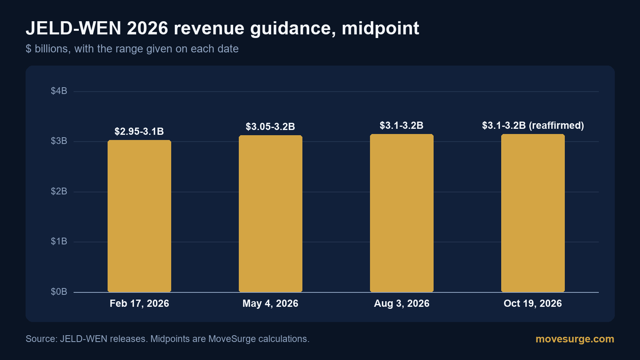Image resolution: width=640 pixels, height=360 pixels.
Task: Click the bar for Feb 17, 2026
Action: [140, 216]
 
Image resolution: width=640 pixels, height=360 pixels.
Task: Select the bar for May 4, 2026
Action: [270, 214]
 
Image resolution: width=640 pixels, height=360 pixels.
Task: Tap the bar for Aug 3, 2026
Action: [402, 213]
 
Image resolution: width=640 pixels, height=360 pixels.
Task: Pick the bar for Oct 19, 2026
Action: [533, 213]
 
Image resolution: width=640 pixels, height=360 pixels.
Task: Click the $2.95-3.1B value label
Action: [139, 132]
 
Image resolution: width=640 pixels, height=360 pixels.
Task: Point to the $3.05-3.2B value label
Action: [270, 126]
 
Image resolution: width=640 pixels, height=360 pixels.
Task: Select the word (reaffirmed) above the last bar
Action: [556, 126]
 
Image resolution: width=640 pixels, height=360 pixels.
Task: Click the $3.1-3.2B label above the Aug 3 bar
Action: [402, 126]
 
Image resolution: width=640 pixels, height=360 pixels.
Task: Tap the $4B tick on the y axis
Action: [59, 91]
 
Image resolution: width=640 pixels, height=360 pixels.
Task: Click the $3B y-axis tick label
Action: [59, 141]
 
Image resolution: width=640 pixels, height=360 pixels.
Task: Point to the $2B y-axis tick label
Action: [59, 192]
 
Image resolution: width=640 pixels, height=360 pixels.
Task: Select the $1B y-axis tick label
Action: [59, 242]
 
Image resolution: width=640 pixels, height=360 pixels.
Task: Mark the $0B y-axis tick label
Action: [59, 292]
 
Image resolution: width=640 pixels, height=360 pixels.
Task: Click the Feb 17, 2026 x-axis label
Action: [140, 304]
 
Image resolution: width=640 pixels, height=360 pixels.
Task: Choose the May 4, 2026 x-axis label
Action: [270, 304]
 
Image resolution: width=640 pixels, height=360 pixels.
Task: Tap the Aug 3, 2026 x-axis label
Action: [402, 304]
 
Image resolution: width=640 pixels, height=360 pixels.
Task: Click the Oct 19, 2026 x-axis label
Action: [533, 304]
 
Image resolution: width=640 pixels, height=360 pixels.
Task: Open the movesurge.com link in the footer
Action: [575, 339]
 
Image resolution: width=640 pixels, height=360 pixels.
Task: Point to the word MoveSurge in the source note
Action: [232, 339]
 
